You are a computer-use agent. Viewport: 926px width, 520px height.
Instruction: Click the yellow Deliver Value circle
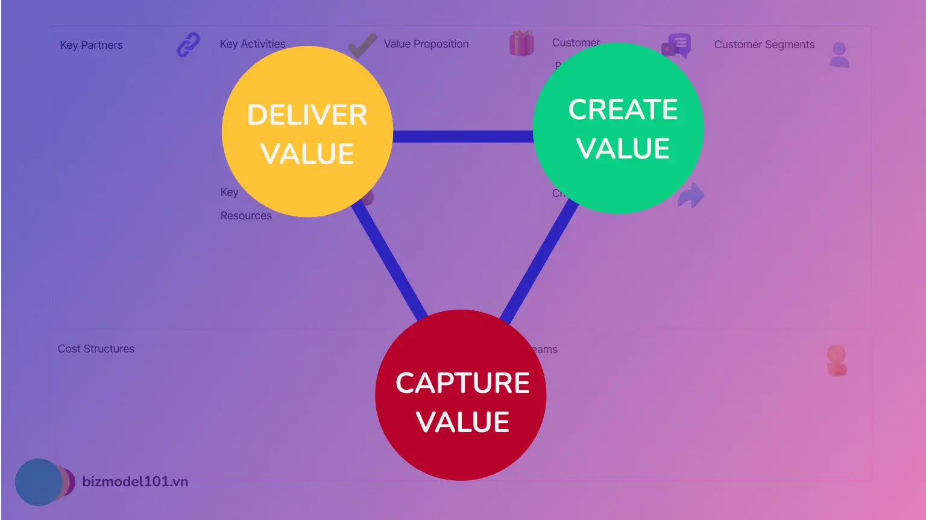point(307,131)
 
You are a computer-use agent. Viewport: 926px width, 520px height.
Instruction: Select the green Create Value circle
point(619,128)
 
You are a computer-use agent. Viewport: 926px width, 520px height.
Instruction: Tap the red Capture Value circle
point(461,395)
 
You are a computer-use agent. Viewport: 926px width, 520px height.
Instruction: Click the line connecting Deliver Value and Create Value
point(462,136)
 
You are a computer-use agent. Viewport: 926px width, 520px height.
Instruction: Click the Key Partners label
point(92,45)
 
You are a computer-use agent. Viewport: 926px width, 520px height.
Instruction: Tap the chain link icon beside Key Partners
point(188,45)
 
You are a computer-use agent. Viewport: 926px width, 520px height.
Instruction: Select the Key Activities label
point(253,44)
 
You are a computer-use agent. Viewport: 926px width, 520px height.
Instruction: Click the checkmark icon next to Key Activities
point(362,46)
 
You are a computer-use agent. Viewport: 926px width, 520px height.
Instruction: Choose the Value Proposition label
point(426,44)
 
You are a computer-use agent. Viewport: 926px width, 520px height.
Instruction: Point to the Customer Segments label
point(764,45)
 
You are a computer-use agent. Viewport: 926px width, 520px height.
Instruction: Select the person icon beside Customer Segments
point(839,55)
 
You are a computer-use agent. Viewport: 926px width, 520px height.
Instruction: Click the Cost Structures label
point(96,349)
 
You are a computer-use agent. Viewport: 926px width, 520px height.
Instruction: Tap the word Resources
point(246,216)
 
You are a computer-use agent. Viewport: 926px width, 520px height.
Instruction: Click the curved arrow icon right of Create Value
point(691,195)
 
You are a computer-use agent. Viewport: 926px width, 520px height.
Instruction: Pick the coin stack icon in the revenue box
point(837,360)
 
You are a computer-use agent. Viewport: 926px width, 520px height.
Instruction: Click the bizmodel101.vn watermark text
point(135,481)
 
